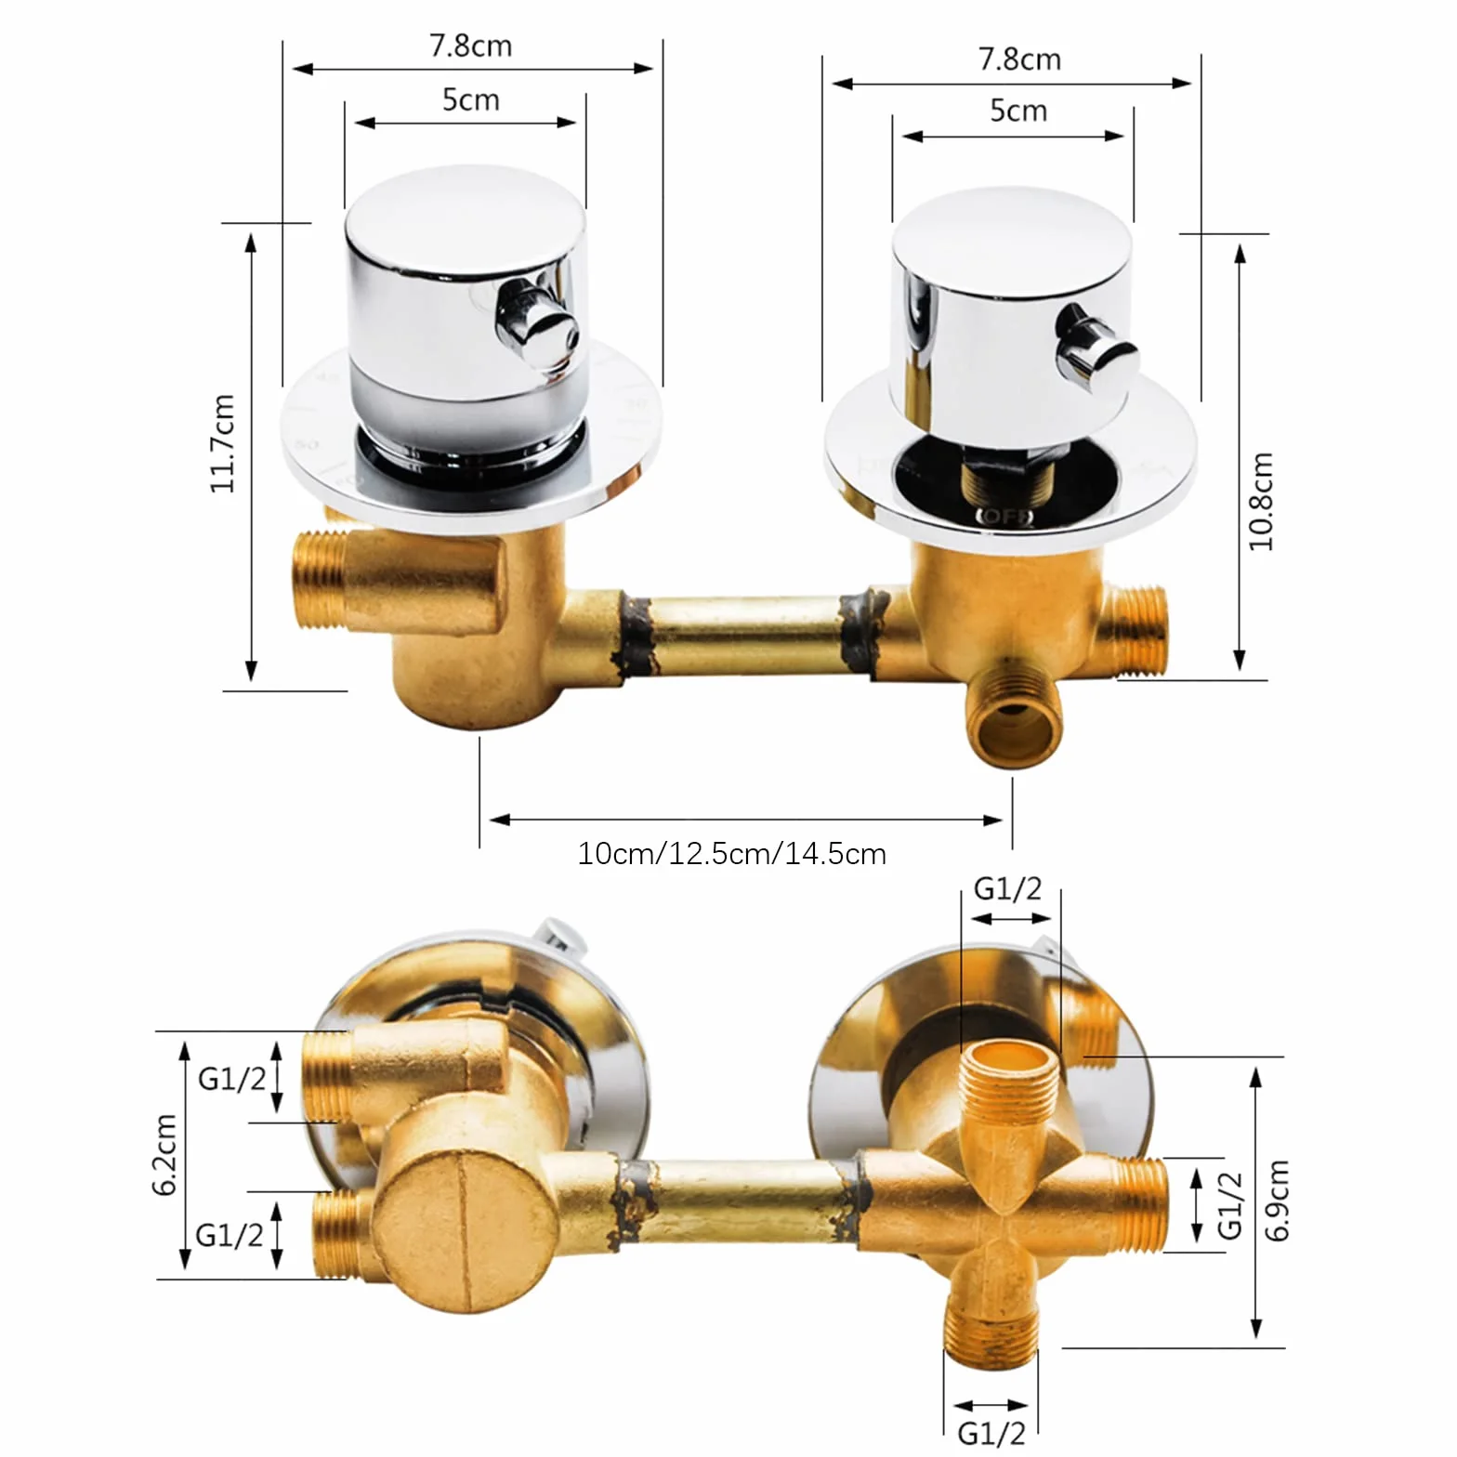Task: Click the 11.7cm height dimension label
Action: [x=223, y=443]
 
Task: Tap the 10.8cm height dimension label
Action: [x=1260, y=502]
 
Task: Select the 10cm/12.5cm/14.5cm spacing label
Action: [x=731, y=853]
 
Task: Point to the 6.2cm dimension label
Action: [x=164, y=1154]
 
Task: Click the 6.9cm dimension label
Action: [x=1278, y=1201]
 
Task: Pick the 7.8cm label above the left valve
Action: [x=470, y=46]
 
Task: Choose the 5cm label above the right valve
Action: [x=1018, y=111]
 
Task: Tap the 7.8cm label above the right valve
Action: [x=1019, y=59]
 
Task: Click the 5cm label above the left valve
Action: [x=470, y=99]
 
